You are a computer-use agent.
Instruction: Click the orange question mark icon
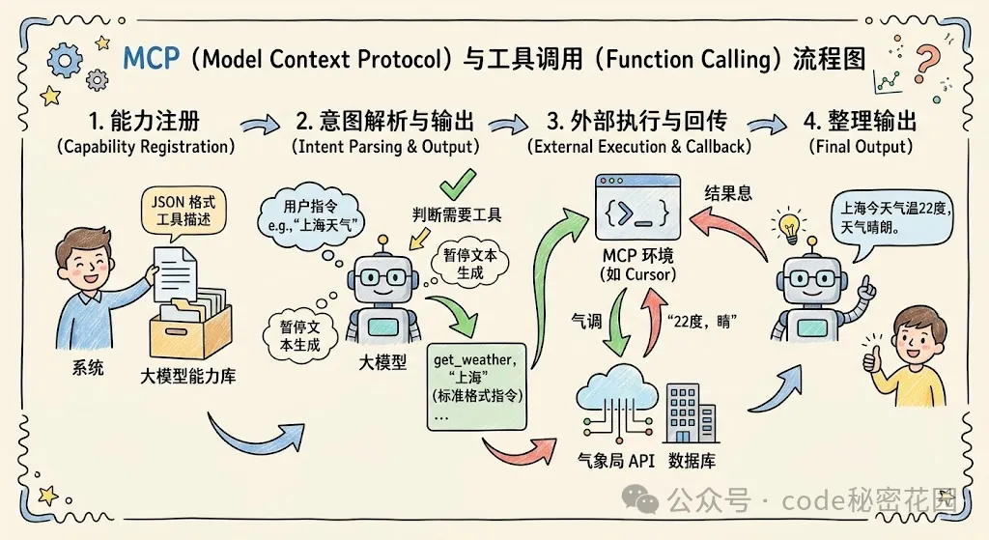point(926,62)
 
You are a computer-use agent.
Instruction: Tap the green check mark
point(458,185)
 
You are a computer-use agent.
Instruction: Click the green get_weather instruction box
point(477,386)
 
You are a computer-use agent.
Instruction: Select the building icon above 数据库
point(692,412)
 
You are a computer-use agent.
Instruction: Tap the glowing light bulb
point(789,226)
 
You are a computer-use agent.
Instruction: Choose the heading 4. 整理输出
point(861,121)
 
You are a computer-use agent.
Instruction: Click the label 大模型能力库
point(188,377)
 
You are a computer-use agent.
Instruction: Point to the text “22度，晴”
point(702,321)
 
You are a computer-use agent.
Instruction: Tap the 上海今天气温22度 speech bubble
point(895,221)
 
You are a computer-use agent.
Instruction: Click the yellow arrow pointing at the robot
point(419,239)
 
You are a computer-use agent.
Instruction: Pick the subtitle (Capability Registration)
point(146,147)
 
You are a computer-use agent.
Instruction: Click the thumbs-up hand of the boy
point(872,356)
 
